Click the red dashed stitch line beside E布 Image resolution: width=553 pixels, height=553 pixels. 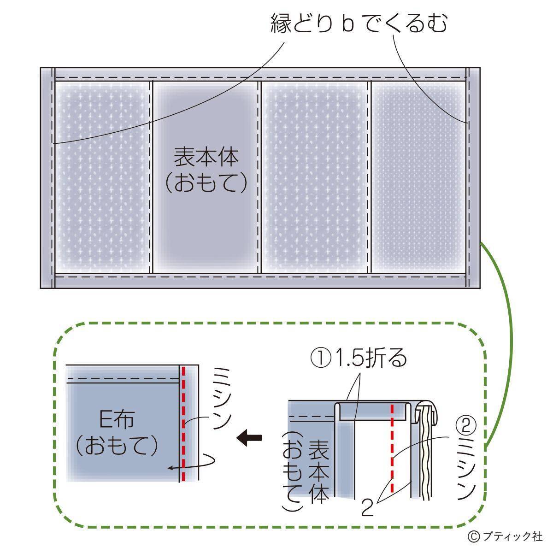click(x=183, y=424)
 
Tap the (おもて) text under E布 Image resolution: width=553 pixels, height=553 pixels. click(x=117, y=445)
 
